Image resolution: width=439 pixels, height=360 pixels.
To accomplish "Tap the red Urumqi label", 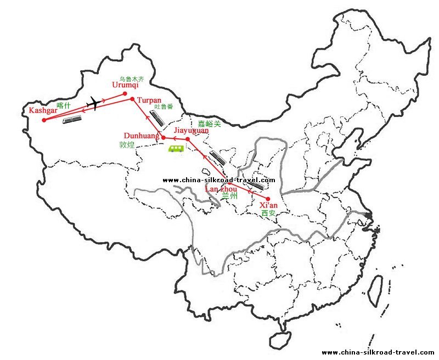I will [126, 85].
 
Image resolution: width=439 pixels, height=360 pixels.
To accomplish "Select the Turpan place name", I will [150, 100].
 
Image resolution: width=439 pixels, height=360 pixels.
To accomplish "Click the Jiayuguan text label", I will [191, 131].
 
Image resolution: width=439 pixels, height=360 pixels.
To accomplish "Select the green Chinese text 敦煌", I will [127, 145].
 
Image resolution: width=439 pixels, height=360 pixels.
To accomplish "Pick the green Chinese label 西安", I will [268, 213].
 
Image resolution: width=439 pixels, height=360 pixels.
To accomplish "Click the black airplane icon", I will [98, 103].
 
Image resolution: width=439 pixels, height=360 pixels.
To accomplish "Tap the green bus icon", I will [176, 149].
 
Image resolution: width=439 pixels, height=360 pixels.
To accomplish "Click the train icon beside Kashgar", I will [72, 120].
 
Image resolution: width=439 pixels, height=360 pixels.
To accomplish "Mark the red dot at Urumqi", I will [125, 93].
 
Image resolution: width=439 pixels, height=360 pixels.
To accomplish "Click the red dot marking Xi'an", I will [268, 199].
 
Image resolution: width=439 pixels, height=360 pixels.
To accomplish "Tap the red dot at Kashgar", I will [44, 120].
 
